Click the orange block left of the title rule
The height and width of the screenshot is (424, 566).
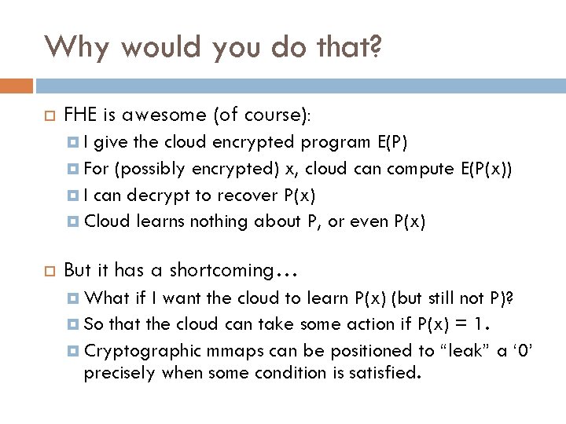coord(17,85)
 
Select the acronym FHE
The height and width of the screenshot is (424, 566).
coord(80,116)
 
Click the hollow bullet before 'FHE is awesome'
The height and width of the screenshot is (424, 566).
coord(46,117)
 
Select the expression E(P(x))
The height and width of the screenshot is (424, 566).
coord(487,169)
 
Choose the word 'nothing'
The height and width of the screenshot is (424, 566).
coord(216,222)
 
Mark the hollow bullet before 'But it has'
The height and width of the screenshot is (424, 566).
coord(46,270)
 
